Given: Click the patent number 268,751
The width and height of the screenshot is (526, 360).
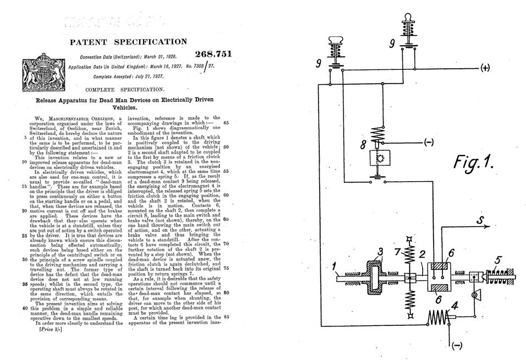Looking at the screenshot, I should (213, 54).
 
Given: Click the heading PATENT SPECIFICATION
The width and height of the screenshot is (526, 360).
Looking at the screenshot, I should (128, 42).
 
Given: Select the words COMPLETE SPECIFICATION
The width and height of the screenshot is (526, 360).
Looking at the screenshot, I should (125, 89).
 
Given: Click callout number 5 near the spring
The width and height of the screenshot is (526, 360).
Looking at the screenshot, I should (497, 259).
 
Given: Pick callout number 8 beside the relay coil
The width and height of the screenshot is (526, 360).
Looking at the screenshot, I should (362, 146).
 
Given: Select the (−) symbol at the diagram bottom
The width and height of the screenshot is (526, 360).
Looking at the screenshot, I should (457, 346).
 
